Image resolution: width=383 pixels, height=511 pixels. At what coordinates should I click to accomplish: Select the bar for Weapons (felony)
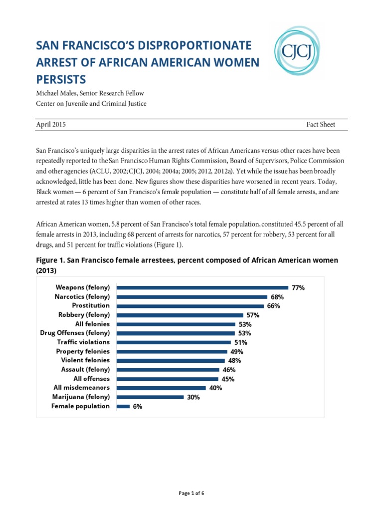click(202, 287)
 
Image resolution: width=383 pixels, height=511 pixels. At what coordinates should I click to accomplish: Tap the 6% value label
click(137, 407)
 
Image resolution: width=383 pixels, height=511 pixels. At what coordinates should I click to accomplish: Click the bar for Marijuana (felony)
click(150, 397)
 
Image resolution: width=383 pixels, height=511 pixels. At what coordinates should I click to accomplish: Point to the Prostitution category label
click(91, 305)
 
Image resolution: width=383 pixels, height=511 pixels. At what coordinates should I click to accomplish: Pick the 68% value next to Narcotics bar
click(277, 297)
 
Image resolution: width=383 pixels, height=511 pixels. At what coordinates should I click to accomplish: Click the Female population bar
click(123, 407)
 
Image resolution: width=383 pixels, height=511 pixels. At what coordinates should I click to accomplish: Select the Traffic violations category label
click(83, 342)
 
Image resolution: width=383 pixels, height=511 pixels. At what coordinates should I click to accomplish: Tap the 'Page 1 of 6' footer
click(191, 494)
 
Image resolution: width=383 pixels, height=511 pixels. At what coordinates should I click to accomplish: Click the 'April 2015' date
click(51, 125)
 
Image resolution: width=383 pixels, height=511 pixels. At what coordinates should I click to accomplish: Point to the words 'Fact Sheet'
click(321, 125)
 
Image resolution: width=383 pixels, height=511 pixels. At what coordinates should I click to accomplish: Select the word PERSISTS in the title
click(61, 79)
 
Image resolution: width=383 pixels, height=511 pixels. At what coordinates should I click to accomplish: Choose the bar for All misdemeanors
click(161, 388)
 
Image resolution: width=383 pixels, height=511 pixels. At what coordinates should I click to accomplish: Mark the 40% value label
click(216, 388)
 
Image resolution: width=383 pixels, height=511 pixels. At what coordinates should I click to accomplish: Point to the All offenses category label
click(91, 379)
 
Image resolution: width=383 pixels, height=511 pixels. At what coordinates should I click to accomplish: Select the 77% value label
click(298, 288)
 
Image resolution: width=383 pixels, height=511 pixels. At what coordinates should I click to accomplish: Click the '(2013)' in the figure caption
click(47, 270)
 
